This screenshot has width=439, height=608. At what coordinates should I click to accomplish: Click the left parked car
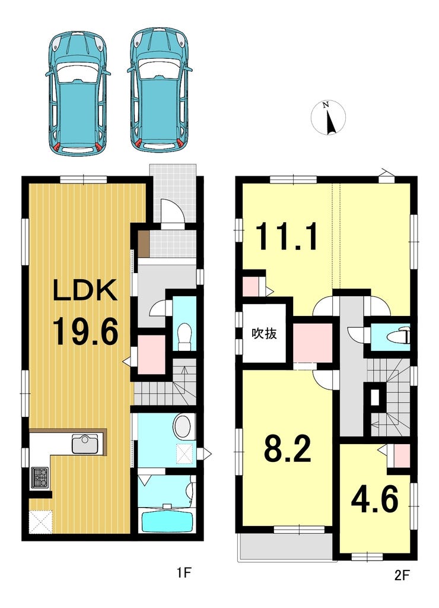point(78,93)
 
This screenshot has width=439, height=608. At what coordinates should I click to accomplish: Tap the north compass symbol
point(328,118)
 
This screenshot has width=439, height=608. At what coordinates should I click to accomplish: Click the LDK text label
point(85,291)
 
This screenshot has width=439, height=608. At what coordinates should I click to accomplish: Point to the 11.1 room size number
point(287,236)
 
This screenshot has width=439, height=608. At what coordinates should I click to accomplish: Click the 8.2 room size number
point(287,448)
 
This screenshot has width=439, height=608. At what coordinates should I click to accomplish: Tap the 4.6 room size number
point(374,499)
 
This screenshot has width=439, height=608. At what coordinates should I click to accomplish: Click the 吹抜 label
point(264,333)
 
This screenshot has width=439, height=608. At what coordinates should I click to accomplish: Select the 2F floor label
point(402,575)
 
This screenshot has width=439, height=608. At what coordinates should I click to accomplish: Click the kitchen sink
point(87,444)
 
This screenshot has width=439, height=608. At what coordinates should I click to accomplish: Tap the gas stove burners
point(39,477)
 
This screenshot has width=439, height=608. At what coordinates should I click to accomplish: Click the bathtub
point(168,522)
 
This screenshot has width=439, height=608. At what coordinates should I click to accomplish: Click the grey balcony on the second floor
point(285,547)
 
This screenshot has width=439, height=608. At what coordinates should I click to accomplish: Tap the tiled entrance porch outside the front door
point(173,193)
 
